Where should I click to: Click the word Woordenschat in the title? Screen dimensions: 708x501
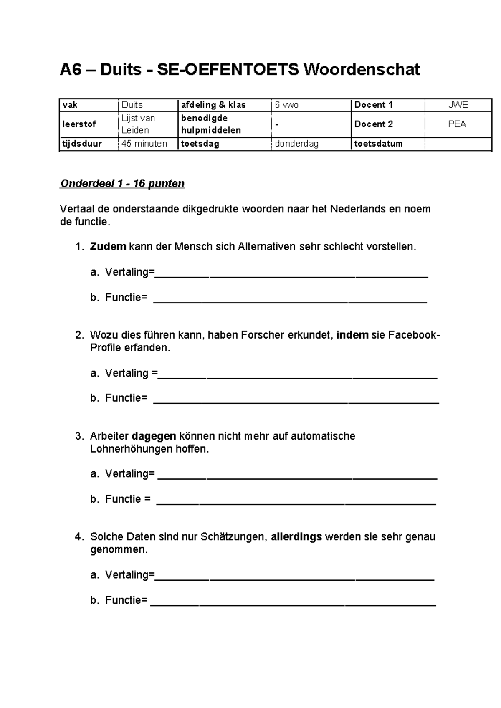pyautogui.click(x=361, y=70)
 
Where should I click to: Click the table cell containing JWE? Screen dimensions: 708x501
pyautogui.click(x=458, y=105)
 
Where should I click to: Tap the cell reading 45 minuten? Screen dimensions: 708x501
pyautogui.click(x=144, y=144)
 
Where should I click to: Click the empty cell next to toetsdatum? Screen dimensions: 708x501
pyautogui.click(x=458, y=144)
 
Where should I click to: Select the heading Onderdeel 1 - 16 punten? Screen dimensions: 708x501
pyautogui.click(x=122, y=184)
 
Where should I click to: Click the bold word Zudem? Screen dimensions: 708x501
pyautogui.click(x=108, y=247)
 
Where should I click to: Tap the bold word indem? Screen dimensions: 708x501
pyautogui.click(x=352, y=335)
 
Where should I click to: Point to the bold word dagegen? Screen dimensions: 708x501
pyautogui.click(x=154, y=436)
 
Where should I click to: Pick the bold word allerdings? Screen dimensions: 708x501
pyautogui.click(x=296, y=537)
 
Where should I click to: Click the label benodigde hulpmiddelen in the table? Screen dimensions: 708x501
pyautogui.click(x=211, y=124)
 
